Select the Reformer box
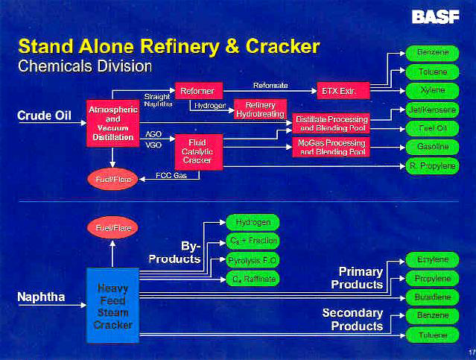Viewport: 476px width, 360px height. [197, 91]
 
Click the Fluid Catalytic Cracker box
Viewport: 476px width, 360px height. [197, 151]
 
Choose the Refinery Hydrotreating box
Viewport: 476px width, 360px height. [260, 110]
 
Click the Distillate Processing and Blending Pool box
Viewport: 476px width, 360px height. [331, 124]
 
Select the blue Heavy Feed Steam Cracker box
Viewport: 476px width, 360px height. [112, 306]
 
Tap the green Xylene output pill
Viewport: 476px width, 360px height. [433, 90]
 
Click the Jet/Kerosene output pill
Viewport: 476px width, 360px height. [433, 110]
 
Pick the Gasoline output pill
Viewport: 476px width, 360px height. [433, 148]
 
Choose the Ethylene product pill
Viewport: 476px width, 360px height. [433, 259]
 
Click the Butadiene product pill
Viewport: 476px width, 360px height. [433, 297]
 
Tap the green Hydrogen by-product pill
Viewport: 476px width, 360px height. [253, 222]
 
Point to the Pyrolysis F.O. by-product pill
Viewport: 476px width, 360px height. [253, 260]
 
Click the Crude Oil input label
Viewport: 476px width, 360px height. [44, 116]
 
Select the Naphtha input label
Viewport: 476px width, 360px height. [41, 297]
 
